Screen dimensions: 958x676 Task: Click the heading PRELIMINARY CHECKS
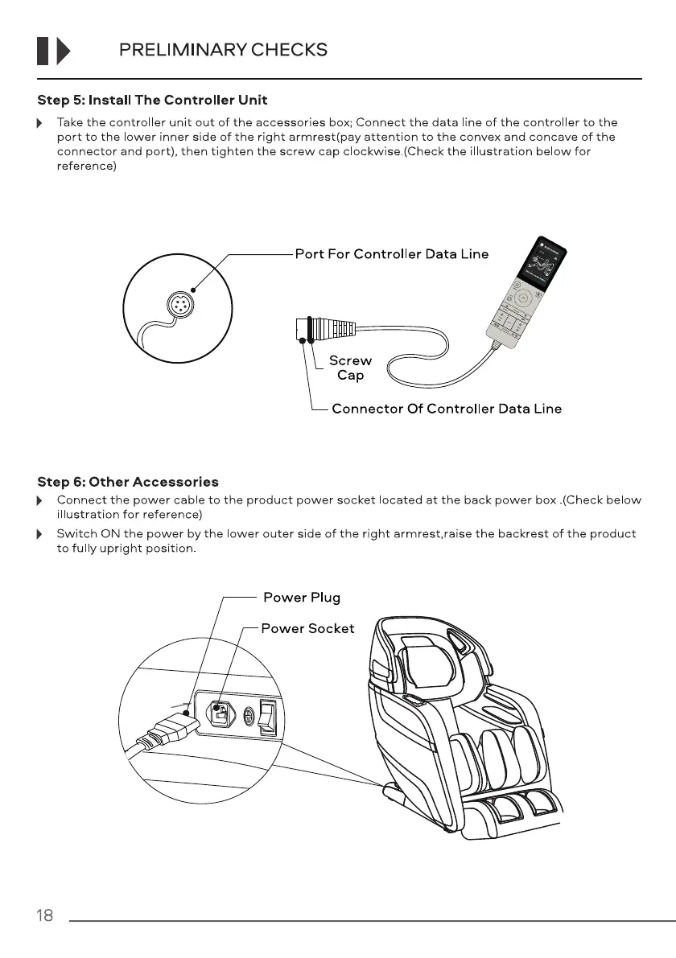coord(223,50)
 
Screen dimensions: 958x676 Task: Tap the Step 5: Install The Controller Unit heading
coord(152,101)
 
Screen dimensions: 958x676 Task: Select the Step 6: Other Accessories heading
coord(128,482)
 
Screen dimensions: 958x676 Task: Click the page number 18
coord(45,915)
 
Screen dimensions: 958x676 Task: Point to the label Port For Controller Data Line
coord(391,254)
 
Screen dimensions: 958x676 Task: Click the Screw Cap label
coord(350,368)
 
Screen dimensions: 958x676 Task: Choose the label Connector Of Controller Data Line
coord(447,409)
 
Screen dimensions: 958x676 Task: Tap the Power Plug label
coord(302,597)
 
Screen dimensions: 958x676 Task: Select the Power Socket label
coord(307,628)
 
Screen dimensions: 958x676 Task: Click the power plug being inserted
coord(165,731)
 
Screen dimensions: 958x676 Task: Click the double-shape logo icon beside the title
coord(53,50)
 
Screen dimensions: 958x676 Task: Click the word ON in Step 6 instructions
coord(101,534)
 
